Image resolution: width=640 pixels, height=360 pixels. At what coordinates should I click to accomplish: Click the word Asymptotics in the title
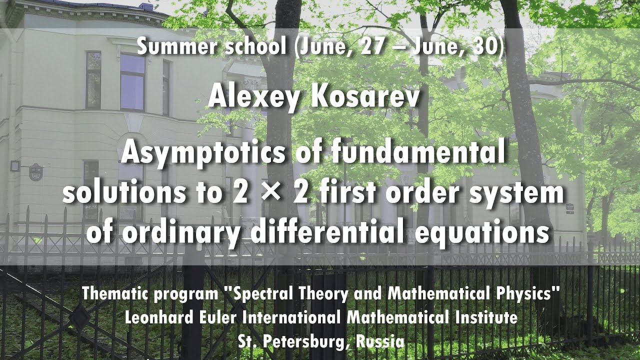click(x=203, y=154)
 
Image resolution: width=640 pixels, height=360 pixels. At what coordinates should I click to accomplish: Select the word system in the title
click(x=517, y=192)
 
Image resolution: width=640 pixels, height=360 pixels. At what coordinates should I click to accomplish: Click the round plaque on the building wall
click(x=36, y=172)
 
